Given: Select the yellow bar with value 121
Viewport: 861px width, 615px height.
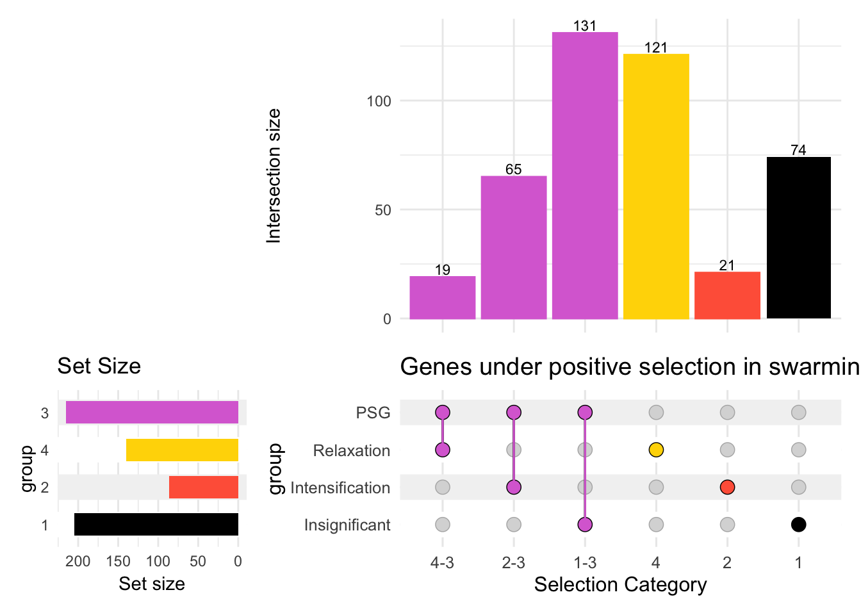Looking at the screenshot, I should (656, 186).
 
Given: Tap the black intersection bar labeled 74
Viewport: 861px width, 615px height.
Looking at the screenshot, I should (798, 237).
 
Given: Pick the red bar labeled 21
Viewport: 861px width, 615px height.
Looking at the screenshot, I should (727, 295).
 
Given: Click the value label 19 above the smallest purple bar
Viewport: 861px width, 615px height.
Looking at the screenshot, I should (443, 270).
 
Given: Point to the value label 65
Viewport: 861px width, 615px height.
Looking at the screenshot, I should (514, 169).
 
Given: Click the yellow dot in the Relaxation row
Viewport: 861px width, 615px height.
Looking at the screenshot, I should (656, 450).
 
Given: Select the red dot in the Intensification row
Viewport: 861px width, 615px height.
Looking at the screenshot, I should (727, 488).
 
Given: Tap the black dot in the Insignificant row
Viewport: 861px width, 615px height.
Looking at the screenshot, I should (798, 525).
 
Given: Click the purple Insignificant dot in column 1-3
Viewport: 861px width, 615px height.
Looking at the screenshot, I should (585, 525).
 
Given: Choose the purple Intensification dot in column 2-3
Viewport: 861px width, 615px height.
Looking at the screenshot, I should (514, 488).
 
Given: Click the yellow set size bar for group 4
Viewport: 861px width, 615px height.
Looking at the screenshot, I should (182, 450).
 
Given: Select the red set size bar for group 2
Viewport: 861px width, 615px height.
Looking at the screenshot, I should (204, 487).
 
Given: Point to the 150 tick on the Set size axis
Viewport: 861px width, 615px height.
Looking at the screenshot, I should (119, 562).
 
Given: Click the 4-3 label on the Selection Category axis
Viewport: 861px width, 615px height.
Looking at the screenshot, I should (443, 562).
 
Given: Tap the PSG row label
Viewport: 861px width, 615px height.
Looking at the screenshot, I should (373, 413).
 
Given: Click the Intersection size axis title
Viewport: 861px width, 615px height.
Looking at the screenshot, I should (274, 176).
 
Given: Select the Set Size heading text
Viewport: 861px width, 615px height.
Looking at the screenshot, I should (99, 366).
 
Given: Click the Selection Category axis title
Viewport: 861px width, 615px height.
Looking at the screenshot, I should (620, 584).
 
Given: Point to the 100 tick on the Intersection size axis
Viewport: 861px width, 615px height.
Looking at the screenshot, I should (379, 101).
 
